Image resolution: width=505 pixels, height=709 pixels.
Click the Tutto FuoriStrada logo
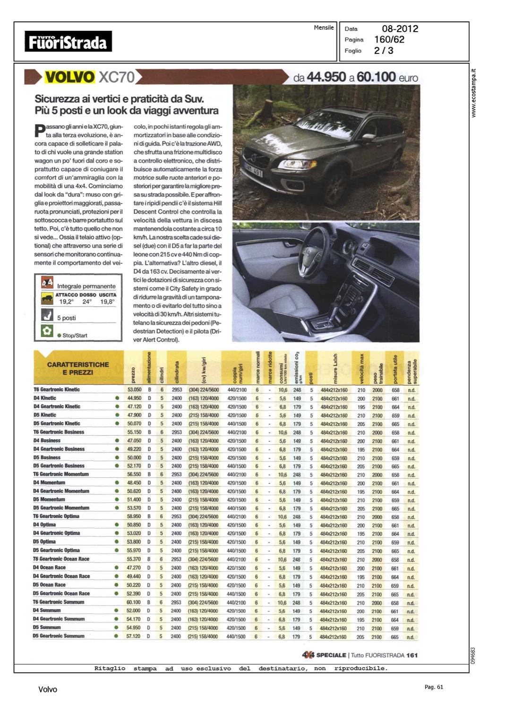(68, 42)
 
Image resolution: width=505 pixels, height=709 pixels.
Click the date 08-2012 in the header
(400, 29)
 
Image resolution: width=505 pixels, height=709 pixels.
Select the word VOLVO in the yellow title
(69, 77)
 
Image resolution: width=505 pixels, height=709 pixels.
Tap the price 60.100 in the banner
(377, 77)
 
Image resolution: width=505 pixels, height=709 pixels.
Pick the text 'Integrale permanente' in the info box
(86, 286)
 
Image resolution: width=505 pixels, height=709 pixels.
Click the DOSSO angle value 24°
(87, 302)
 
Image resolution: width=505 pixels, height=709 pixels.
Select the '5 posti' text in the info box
(67, 318)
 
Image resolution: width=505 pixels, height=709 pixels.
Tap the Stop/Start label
(75, 336)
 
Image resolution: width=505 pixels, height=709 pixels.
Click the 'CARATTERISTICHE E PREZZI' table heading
(78, 369)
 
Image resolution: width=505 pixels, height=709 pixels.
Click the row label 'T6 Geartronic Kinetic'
(57, 389)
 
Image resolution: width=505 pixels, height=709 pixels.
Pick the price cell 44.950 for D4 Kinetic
(134, 398)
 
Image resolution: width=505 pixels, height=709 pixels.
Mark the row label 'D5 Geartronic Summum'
(59, 636)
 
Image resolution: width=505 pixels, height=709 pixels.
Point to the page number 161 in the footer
(411, 655)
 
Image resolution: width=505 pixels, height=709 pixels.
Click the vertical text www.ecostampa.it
(474, 93)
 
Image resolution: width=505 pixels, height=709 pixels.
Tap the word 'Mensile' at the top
(324, 28)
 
